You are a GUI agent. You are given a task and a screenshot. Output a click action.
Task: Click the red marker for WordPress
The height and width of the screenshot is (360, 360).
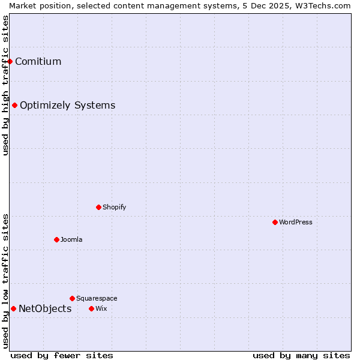275,222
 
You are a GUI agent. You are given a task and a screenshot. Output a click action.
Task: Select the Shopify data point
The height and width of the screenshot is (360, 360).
98,207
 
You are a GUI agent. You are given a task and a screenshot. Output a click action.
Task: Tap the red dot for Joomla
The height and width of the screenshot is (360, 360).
56,239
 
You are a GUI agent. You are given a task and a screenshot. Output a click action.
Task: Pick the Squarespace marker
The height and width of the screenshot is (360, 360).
72,298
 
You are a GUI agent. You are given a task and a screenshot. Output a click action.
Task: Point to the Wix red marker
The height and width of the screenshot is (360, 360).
91,308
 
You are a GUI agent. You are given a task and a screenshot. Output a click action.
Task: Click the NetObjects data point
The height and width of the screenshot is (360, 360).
13,308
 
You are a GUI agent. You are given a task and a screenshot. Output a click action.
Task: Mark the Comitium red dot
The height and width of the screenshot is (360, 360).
10,61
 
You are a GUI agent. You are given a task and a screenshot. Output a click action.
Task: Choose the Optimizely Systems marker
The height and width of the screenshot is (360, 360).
14,105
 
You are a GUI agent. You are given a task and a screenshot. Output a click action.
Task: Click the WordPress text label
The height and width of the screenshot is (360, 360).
296,222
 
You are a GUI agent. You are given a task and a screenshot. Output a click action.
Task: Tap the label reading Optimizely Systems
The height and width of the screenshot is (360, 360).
67,106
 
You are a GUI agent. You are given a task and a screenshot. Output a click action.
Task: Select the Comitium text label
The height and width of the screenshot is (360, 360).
38,61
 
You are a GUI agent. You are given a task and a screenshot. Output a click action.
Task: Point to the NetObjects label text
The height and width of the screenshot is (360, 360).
45,309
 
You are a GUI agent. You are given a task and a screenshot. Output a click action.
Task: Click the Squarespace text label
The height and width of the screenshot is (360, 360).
97,298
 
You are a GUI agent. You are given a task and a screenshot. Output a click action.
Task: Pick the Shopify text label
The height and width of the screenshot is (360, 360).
114,207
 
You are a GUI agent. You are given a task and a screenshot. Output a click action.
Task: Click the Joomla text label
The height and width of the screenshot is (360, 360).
71,239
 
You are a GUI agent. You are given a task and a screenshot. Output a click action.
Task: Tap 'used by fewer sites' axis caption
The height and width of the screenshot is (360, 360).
62,355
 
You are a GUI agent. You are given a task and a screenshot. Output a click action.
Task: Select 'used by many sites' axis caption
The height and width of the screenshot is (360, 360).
301,355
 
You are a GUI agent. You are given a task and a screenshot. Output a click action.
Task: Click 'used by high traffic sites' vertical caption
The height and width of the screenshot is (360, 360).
5,85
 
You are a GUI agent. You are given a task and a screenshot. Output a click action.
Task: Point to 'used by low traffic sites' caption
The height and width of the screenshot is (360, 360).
5,281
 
